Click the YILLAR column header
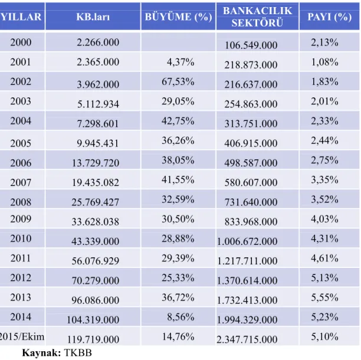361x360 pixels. coord(21,17)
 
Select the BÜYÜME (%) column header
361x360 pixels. coord(178,17)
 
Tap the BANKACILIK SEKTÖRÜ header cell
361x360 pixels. coord(257,17)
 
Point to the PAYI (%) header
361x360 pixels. coord(330,17)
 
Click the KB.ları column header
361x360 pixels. coord(93,17)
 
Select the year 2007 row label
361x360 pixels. coord(21,182)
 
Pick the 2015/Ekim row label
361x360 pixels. coord(22,337)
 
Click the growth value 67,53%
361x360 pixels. coord(178,81)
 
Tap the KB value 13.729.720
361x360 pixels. coord(96,163)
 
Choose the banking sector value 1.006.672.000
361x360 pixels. coord(247,241)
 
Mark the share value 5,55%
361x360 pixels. coord(324,297)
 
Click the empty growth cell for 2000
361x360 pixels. coord(178,42)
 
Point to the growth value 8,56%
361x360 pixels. coord(180,317)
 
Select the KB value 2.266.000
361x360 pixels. coord(98,42)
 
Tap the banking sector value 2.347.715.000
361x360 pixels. coord(247,339)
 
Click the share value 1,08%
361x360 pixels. coord(324,62)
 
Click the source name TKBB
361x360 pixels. coord(78,353)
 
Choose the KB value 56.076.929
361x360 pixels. coord(96,261)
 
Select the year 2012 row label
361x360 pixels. coord(21,278)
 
